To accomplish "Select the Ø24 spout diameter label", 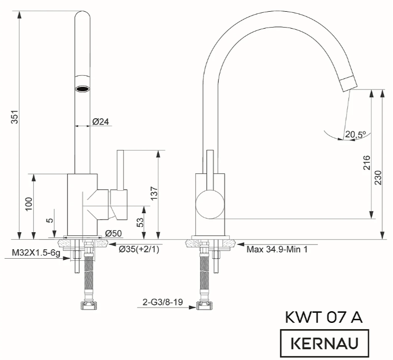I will pos(101,121).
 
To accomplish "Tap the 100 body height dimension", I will pos(29,204).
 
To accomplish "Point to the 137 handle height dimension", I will pos(153,194).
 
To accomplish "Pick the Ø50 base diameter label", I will pos(113,233).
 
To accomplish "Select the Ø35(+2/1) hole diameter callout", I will pos(139,249).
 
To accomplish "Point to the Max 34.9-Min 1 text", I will pos(277,248).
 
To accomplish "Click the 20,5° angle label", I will pos(355,135).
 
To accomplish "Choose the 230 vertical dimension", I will pos(378,178).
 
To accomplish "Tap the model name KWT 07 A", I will pos(324,318).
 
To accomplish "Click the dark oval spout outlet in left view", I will pos(83,87).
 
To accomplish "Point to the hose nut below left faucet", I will pos(87,305).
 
